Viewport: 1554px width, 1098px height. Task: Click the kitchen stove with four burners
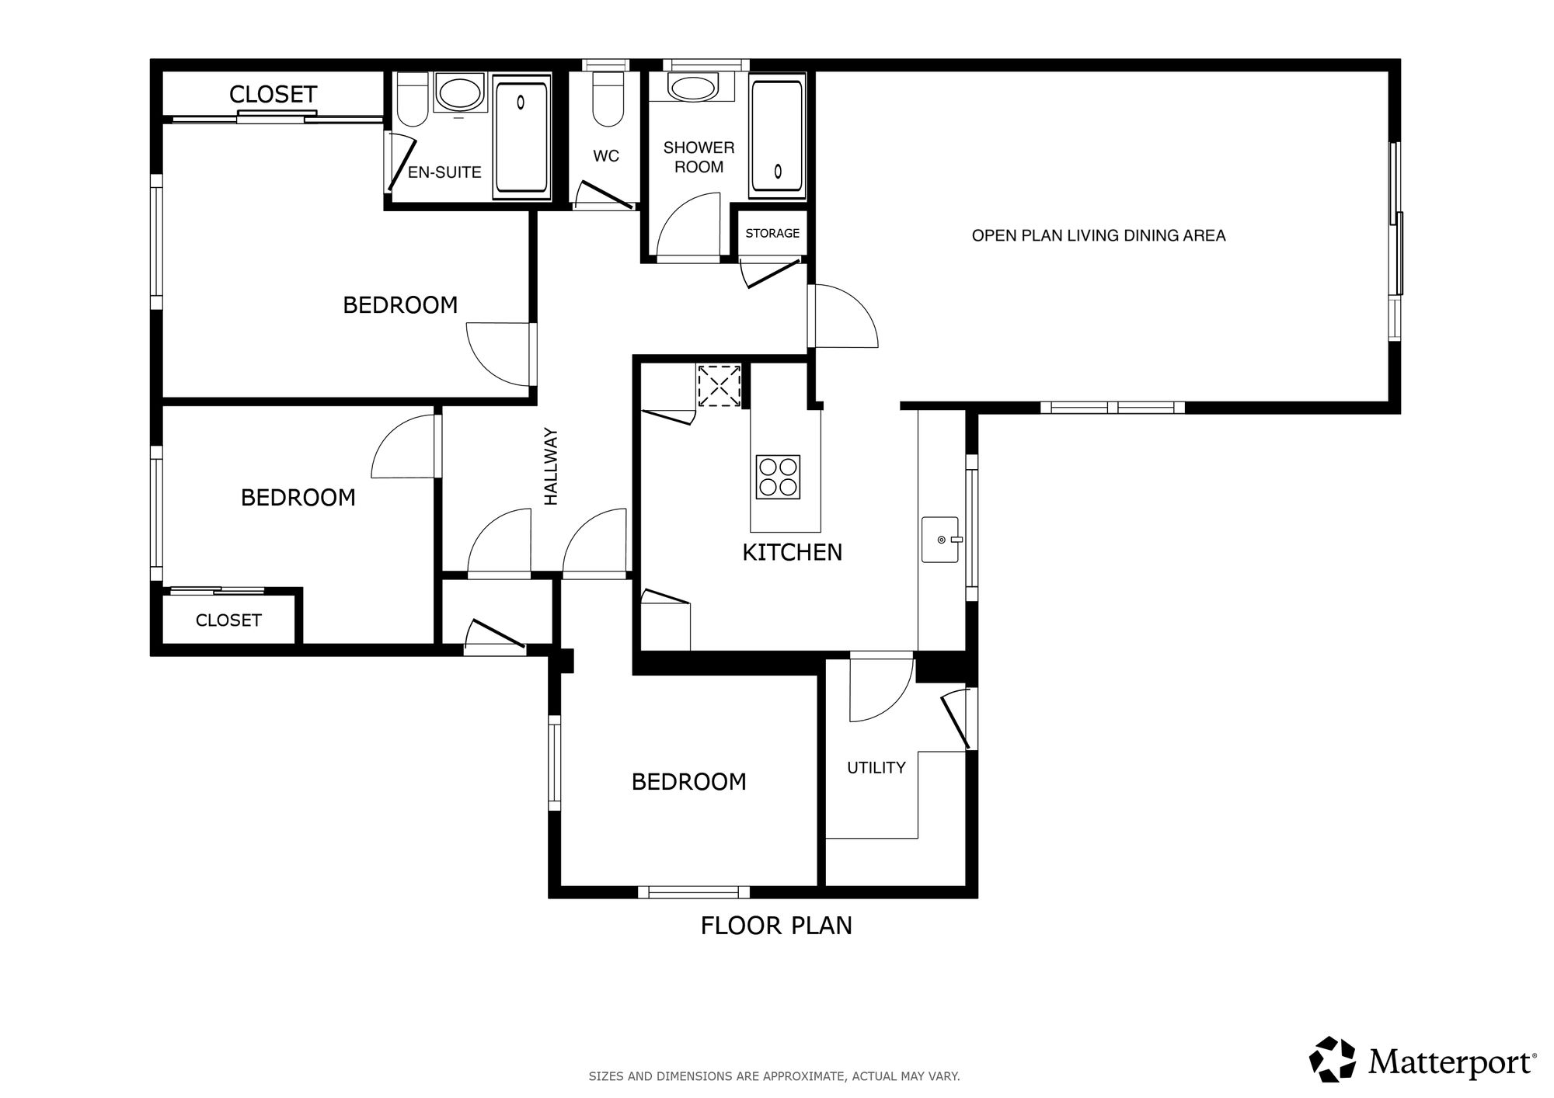(778, 477)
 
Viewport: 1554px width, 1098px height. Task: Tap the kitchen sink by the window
(940, 539)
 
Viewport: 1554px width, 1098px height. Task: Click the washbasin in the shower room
(693, 88)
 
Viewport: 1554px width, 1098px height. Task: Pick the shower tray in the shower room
(777, 136)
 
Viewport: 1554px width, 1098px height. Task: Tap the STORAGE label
(772, 233)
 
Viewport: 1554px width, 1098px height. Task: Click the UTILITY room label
(876, 767)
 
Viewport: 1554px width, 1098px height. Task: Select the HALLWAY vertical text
(551, 466)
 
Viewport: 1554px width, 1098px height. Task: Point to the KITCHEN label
(793, 552)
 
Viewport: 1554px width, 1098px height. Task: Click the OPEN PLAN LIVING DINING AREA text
(1099, 235)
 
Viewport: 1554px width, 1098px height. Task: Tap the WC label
(606, 156)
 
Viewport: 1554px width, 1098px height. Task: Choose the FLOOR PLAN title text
(776, 926)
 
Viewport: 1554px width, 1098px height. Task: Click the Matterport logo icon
(1333, 1059)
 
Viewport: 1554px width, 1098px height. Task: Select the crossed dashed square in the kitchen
(720, 386)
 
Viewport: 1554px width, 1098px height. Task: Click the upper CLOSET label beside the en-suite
(273, 95)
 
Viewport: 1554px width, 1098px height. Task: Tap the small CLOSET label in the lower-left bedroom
(228, 620)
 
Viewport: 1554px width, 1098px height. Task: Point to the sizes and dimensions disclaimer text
(774, 1076)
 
